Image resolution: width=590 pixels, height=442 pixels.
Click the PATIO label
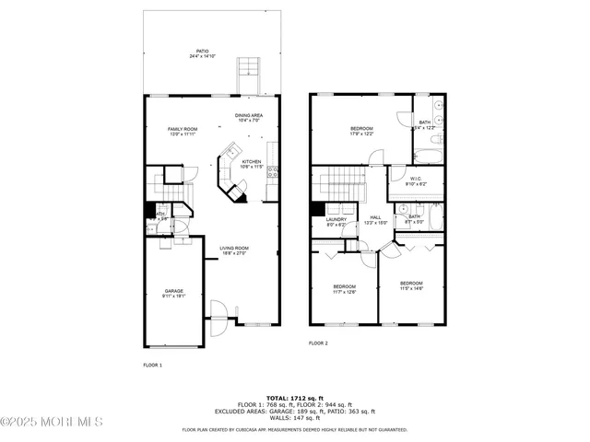click(x=202, y=53)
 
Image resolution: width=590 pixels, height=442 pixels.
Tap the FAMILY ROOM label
click(x=183, y=131)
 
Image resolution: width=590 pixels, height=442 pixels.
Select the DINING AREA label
click(x=250, y=117)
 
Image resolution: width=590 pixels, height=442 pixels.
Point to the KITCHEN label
click(x=252, y=164)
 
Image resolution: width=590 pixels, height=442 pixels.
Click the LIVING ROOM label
click(x=234, y=250)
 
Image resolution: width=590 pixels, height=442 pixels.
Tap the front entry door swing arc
click(x=218, y=312)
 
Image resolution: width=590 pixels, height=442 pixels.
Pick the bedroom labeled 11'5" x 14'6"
click(x=411, y=285)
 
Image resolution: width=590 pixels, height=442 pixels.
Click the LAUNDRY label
click(x=336, y=221)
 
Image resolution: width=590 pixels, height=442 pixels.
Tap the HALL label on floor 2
click(x=375, y=221)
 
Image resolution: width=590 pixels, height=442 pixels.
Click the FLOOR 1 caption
click(x=152, y=366)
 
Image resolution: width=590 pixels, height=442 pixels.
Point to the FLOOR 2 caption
click(x=318, y=343)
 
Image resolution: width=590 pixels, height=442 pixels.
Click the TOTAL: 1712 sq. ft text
click(x=294, y=397)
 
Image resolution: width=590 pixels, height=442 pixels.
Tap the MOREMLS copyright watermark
click(x=52, y=423)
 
